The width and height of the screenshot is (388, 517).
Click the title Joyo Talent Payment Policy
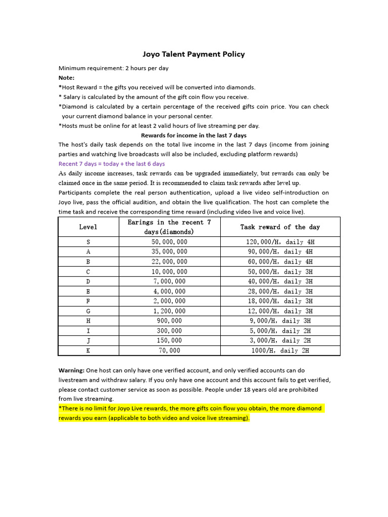193,54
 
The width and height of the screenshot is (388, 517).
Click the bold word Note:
66,78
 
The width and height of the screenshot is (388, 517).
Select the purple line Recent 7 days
111,164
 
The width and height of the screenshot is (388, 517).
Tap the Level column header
88,227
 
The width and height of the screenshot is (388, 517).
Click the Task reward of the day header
280,227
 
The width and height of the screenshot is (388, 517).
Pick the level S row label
88,242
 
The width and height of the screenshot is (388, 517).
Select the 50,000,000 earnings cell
169,242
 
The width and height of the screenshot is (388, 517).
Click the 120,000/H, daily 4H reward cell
280,242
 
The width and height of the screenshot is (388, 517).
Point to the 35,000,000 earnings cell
169,251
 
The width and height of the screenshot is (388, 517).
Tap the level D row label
88,281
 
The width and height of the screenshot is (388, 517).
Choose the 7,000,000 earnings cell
169,281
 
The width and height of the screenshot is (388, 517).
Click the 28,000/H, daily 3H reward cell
280,291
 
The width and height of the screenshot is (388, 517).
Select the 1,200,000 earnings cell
169,311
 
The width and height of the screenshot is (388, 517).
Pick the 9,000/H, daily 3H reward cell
280,321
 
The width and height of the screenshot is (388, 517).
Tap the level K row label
88,350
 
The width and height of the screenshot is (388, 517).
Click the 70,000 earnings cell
169,350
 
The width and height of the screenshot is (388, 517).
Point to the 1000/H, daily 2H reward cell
280,350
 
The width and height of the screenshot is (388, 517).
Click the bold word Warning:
71,371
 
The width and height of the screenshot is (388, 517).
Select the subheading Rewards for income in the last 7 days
193,135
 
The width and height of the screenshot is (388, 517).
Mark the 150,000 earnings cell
169,340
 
